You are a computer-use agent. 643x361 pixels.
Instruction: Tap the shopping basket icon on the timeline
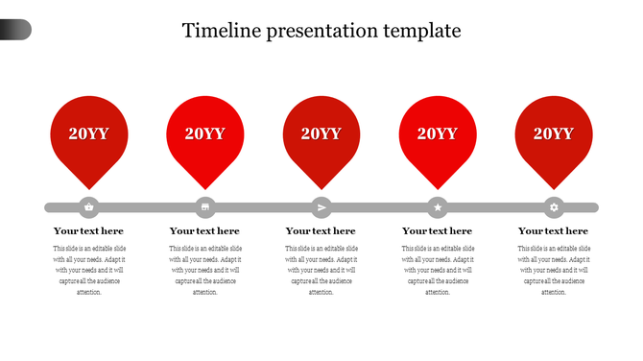click(89, 206)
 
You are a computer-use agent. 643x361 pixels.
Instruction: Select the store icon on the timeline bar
click(205, 206)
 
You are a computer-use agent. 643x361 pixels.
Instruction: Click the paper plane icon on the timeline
click(321, 206)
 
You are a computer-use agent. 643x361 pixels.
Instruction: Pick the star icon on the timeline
click(438, 206)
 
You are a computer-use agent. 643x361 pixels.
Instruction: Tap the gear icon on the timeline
click(554, 206)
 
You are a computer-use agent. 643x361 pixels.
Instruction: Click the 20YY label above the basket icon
click(89, 133)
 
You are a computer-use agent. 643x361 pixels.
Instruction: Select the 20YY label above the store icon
click(205, 133)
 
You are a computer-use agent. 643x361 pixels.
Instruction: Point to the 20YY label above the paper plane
click(321, 133)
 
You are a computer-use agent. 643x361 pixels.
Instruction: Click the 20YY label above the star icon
click(438, 133)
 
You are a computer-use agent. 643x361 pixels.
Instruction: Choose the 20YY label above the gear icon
click(554, 133)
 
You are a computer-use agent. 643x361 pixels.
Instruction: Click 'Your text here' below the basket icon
click(88, 231)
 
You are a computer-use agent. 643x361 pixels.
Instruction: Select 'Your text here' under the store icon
click(204, 231)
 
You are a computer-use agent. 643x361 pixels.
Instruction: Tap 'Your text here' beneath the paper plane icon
click(321, 231)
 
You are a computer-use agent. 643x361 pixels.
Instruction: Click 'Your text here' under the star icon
click(437, 231)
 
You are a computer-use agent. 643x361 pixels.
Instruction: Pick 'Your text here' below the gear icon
click(553, 231)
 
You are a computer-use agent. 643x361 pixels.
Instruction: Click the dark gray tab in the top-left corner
click(15, 30)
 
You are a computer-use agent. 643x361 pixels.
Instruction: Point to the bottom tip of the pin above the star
click(438, 187)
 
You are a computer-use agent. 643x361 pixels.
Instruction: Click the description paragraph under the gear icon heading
click(553, 270)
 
